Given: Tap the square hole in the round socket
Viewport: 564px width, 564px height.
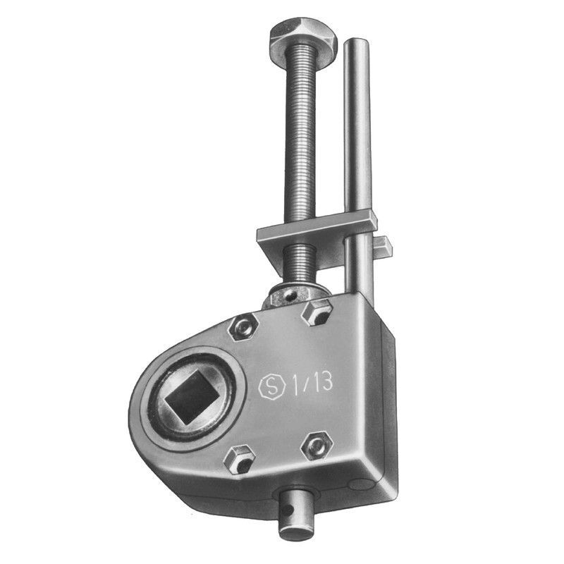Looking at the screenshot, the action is tap(190, 396).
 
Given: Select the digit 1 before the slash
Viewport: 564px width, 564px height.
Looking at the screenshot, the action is tap(295, 386).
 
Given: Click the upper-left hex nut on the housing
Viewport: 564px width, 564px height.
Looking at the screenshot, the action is tap(243, 326).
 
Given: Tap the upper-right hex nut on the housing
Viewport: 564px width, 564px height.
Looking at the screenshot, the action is tap(317, 312).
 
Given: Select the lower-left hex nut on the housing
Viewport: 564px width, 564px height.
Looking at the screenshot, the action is tap(239, 459).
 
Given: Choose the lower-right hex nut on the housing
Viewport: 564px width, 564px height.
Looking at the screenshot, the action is tap(317, 446).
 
